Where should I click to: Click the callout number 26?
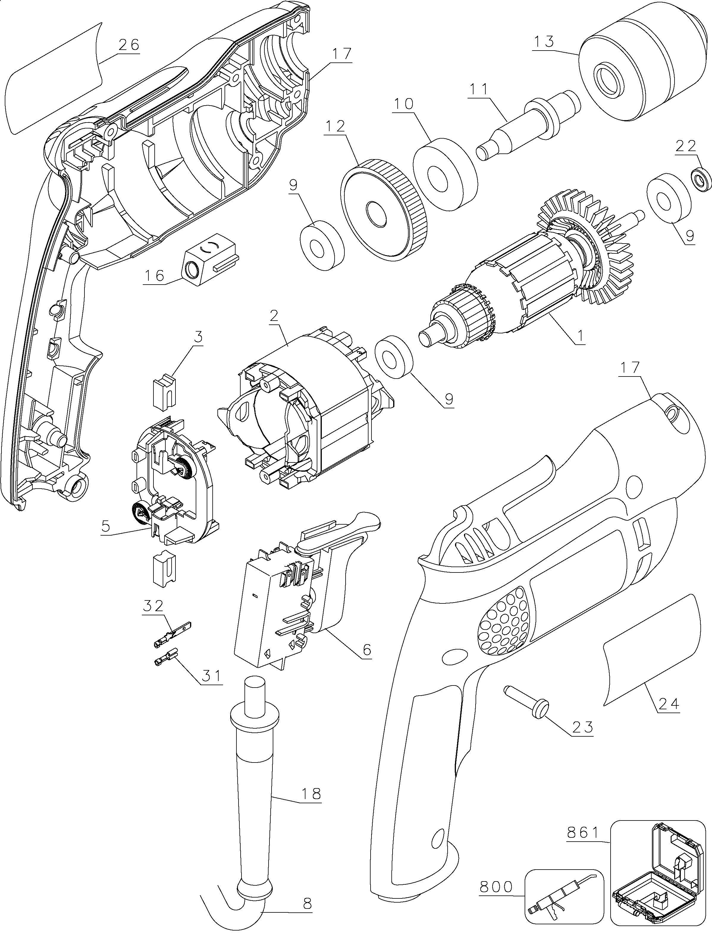(128, 45)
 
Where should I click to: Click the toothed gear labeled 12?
(384, 210)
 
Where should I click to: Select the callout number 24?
(669, 704)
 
